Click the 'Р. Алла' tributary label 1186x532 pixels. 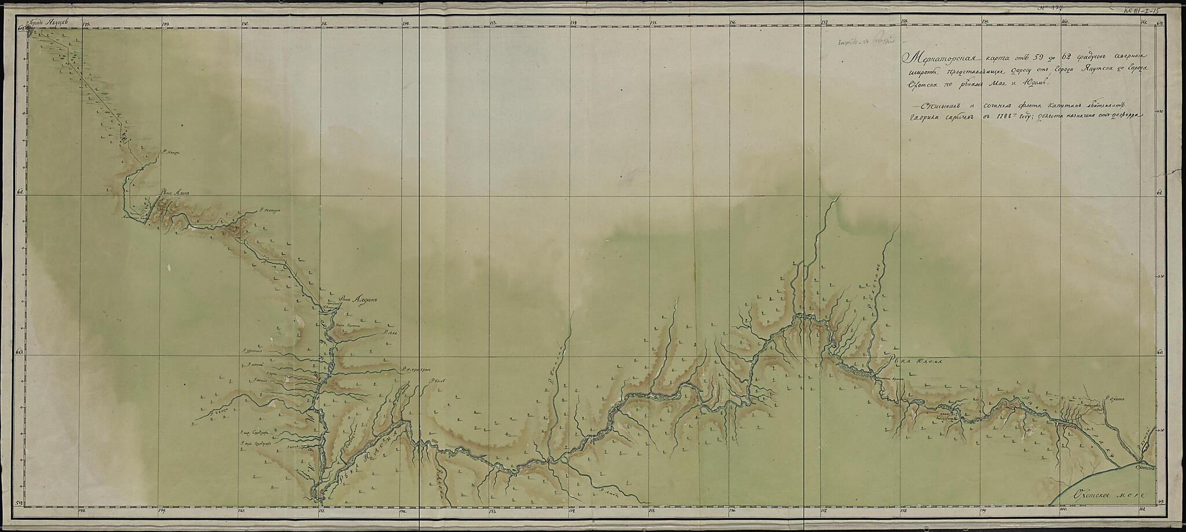(x=389, y=333)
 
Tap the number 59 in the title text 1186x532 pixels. (x=1030, y=56)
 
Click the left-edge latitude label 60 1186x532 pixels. (x=21, y=351)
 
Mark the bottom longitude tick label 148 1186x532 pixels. (x=82, y=511)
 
